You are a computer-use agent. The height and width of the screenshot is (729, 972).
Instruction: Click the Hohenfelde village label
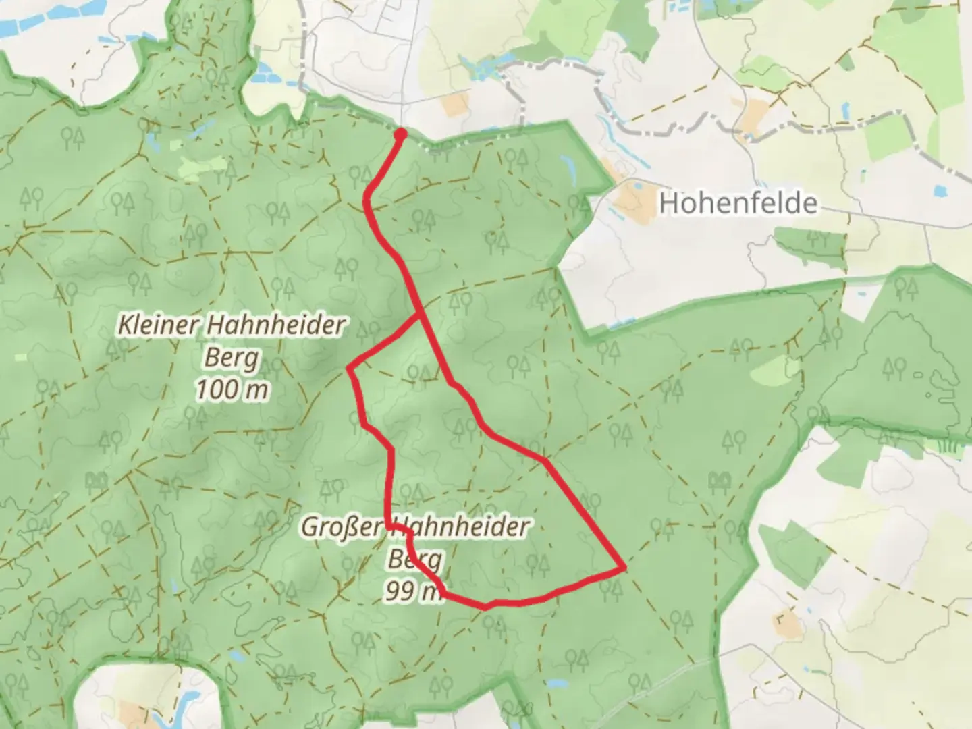click(738, 203)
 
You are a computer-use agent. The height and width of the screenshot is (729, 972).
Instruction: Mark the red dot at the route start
click(400, 134)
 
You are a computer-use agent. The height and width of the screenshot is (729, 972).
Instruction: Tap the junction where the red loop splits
click(421, 315)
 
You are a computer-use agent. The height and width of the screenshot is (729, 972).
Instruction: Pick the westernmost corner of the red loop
click(349, 369)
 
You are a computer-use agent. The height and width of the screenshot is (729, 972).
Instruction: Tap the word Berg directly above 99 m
click(415, 559)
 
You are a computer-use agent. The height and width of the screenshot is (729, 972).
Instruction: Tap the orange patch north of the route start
click(456, 103)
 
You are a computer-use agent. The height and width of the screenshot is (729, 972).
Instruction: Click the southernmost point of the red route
click(485, 607)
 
